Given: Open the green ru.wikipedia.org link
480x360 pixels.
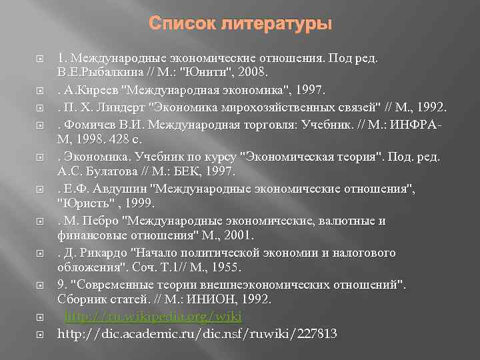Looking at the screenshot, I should click(x=153, y=317).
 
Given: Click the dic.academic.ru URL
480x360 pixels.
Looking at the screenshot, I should click(x=197, y=333).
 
